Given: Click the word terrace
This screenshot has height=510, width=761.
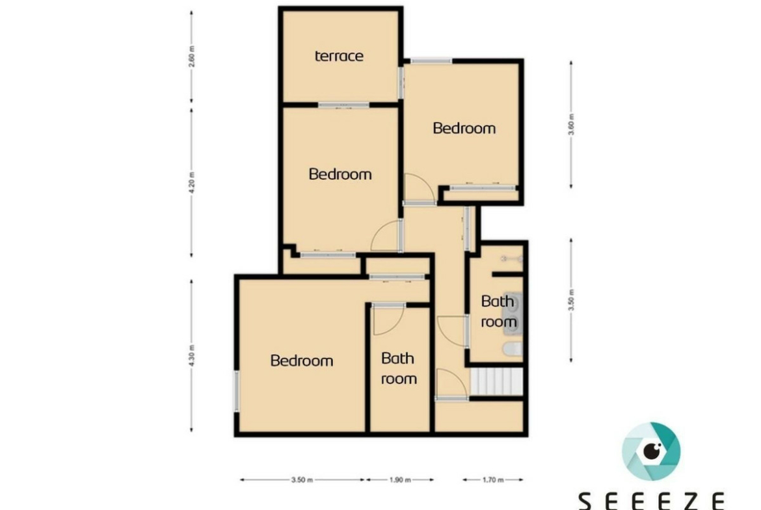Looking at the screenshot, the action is pyautogui.click(x=339, y=57).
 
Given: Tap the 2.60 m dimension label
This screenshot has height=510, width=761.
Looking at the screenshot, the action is pyautogui.click(x=192, y=57).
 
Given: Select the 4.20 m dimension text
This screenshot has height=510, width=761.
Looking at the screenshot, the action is pyautogui.click(x=192, y=183).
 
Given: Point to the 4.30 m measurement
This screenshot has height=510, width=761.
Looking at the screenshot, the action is pyautogui.click(x=192, y=355).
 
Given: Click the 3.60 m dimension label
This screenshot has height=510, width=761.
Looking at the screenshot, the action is pyautogui.click(x=571, y=125).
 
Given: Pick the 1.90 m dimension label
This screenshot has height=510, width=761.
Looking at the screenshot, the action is pyautogui.click(x=400, y=480).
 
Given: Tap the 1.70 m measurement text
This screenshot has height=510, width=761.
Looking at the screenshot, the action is pyautogui.click(x=493, y=480).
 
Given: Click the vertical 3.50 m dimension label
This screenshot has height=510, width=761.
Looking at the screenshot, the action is pyautogui.click(x=571, y=300).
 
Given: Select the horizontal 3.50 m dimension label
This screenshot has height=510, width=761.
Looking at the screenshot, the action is pyautogui.click(x=302, y=480).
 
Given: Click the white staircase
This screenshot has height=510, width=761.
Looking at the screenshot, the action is pyautogui.click(x=496, y=381).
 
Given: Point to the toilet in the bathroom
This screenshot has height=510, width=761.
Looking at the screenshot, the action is pyautogui.click(x=513, y=349).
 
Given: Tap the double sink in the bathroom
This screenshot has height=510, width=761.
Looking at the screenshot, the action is pyautogui.click(x=513, y=314).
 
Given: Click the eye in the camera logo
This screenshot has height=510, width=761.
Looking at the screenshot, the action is pyautogui.click(x=652, y=451).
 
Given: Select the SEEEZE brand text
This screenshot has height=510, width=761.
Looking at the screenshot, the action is pyautogui.click(x=651, y=501).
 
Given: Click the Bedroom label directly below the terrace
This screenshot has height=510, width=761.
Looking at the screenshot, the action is pyautogui.click(x=340, y=174).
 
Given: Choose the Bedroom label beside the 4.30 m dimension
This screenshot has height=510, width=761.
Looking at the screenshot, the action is pyautogui.click(x=302, y=361).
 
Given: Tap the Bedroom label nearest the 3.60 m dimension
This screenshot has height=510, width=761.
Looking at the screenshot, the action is pyautogui.click(x=464, y=129).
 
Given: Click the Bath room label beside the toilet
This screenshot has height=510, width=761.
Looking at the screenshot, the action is pyautogui.click(x=498, y=311).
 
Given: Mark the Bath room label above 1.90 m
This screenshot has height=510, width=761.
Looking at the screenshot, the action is pyautogui.click(x=399, y=368).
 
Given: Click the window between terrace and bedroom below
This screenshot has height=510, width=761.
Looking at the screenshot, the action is pyautogui.click(x=343, y=105).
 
